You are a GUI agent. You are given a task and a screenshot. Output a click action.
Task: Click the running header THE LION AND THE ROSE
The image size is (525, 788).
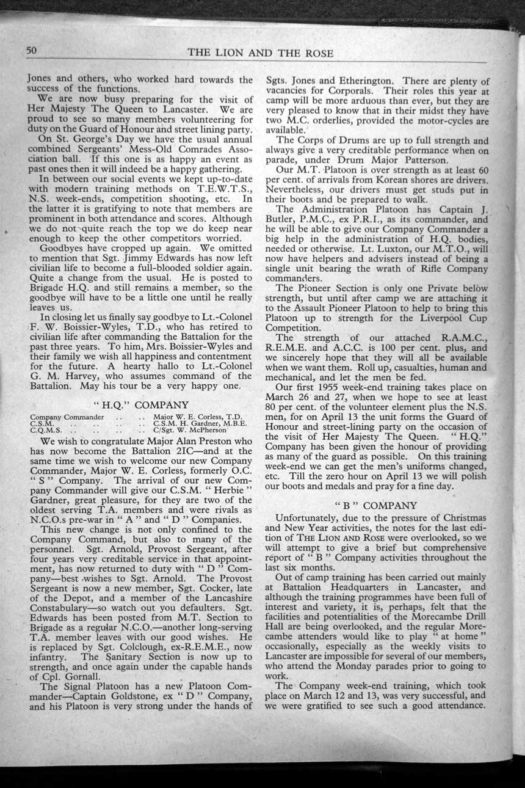[x=261, y=53]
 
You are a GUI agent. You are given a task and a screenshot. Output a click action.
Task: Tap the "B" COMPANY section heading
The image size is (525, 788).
[x=376, y=505]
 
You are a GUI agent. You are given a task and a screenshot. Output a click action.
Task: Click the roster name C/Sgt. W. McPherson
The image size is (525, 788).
[x=190, y=430]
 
